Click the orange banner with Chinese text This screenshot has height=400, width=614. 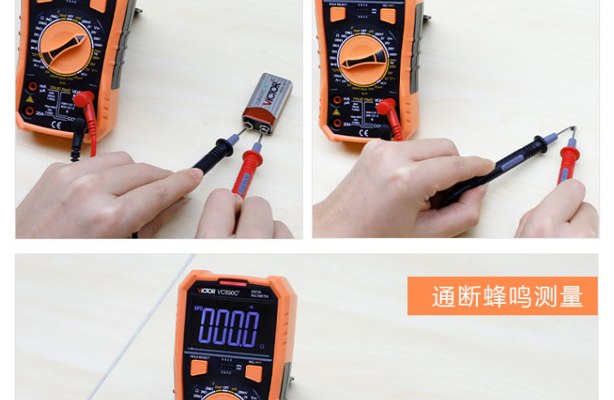click(x=502, y=296)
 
